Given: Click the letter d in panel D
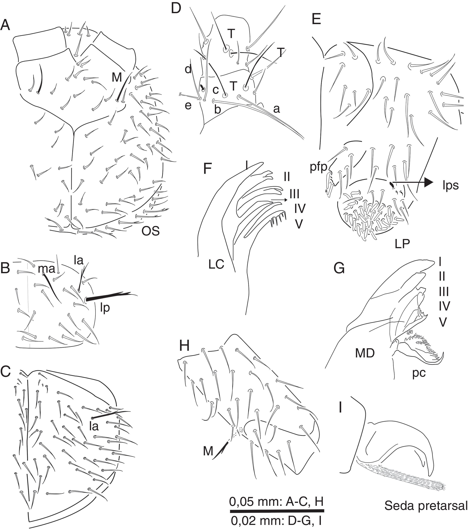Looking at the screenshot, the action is pos(188,70).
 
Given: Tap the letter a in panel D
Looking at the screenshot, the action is pos(276,109).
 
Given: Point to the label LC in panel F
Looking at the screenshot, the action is pos(216,264).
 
